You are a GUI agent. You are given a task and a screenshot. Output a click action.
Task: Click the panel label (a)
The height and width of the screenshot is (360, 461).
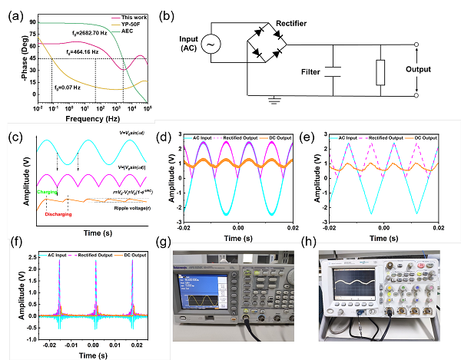(12, 12)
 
